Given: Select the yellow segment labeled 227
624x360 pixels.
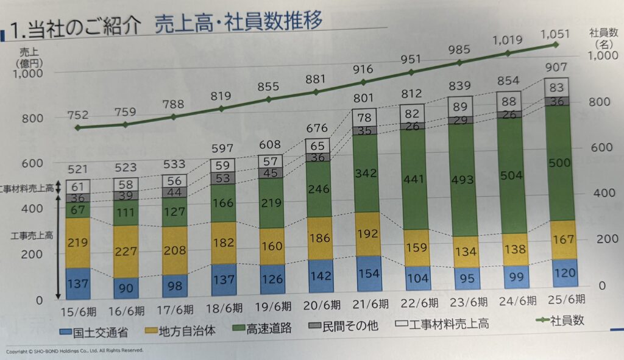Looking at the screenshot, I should tap(126, 251).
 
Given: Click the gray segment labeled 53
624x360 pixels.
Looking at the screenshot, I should tap(223, 177).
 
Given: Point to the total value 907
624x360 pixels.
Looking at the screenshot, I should tap(556, 67).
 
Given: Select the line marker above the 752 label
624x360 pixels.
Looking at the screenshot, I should tap(77, 128).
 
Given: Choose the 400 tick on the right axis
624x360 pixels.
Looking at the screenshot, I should tap(601, 193).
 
